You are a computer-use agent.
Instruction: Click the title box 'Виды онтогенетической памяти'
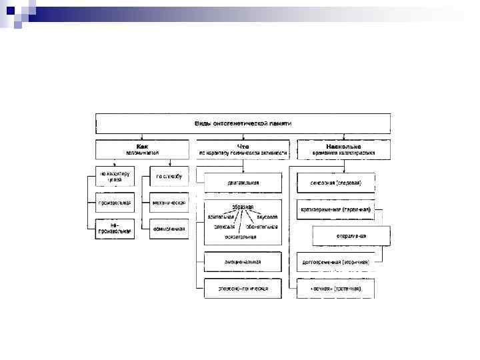tap(243, 123)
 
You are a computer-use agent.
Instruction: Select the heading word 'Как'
tap(143, 145)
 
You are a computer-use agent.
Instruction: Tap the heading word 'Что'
tap(243, 145)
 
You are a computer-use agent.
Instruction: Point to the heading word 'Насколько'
tap(344, 145)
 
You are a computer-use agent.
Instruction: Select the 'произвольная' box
tap(115, 203)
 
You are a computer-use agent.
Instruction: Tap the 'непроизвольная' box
tap(115, 229)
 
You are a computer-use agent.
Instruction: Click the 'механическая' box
tap(169, 203)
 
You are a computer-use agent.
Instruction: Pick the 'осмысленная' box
tap(169, 229)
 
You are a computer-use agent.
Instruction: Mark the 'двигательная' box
tap(243, 182)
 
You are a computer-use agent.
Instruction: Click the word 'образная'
tap(242, 207)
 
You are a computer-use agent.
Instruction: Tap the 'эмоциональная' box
tap(243, 262)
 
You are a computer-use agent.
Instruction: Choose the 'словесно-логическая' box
tap(243, 289)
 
